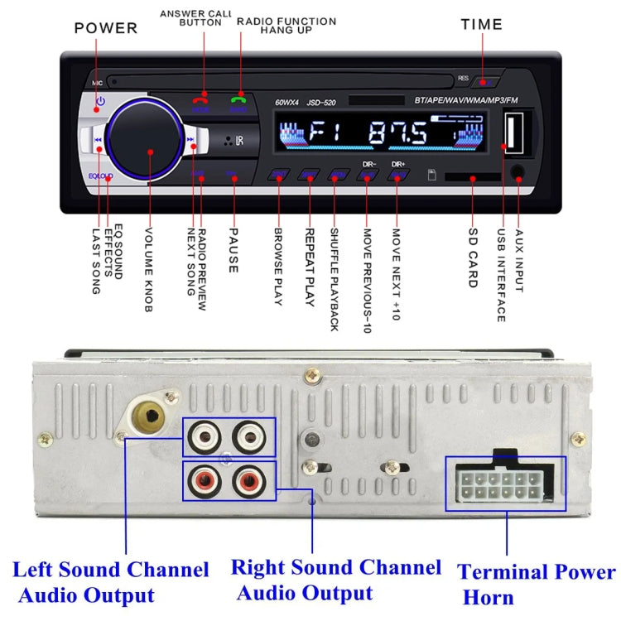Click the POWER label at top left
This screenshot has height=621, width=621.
(x=106, y=27)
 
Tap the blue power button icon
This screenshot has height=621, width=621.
(x=99, y=103)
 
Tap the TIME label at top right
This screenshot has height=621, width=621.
(x=482, y=24)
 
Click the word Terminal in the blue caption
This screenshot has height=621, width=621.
(x=507, y=573)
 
